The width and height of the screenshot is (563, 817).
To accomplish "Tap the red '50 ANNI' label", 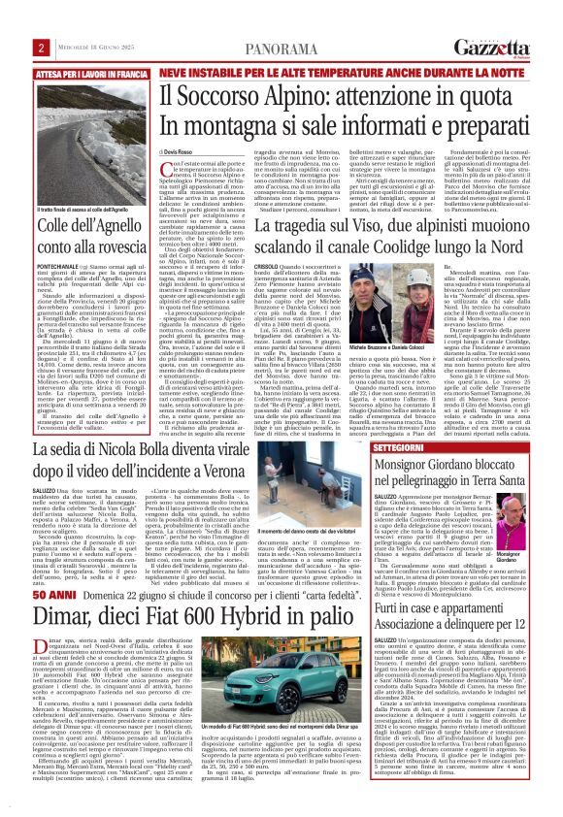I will [x=50, y=565].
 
